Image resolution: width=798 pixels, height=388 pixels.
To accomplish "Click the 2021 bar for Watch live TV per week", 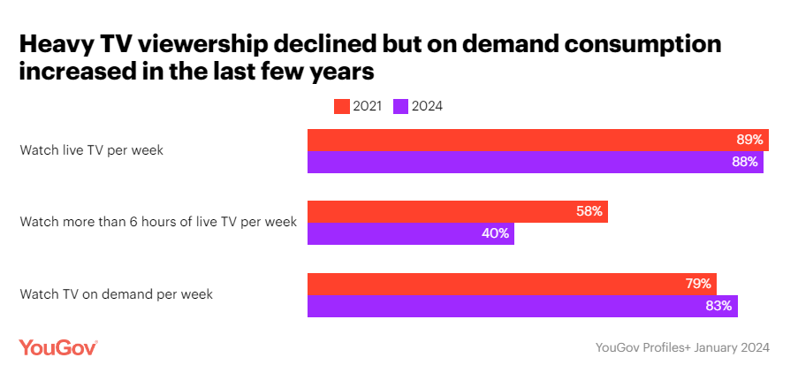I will (x=537, y=140).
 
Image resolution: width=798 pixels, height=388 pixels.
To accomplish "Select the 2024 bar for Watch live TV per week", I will (x=535, y=162).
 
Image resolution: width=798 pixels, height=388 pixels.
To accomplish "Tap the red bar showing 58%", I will (x=457, y=212).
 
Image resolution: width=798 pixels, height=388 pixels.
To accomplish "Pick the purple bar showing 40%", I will (x=410, y=234).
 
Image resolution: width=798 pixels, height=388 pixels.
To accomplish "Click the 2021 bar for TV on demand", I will (x=511, y=284).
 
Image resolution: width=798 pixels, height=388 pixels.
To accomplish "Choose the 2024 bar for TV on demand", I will (x=521, y=306).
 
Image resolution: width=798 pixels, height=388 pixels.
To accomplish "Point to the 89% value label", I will (x=749, y=140).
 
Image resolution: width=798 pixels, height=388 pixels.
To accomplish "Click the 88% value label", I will (x=744, y=162).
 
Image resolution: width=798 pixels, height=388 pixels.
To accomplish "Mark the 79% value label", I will (x=697, y=284).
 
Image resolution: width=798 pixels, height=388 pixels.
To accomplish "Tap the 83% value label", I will (x=718, y=306).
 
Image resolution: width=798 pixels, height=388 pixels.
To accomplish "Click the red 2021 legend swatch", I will (x=341, y=106).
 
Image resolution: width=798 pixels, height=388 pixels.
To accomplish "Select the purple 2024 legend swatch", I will (x=399, y=106).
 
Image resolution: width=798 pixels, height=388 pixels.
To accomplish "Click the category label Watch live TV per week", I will (x=91, y=150).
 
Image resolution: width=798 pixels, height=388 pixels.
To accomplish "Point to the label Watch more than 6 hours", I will (x=157, y=222).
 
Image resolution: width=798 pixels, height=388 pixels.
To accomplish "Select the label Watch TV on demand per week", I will (x=116, y=294).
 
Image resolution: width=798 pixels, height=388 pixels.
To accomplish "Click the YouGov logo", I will (x=57, y=347).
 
